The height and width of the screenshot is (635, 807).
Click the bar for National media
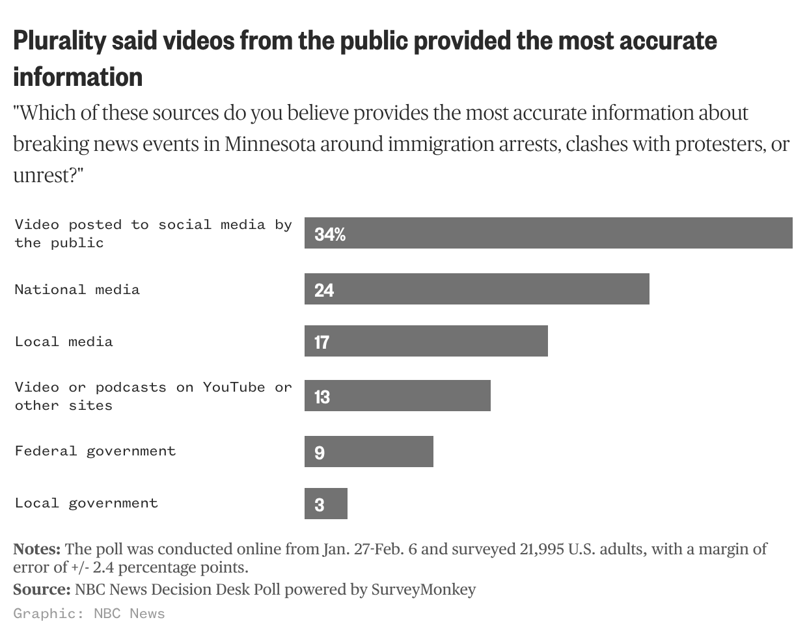[x=476, y=289]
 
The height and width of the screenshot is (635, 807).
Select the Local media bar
[x=426, y=341]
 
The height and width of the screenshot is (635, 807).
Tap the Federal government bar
[x=368, y=452]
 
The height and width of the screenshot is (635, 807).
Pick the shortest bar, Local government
[x=325, y=504]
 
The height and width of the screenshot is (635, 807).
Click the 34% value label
[x=329, y=234]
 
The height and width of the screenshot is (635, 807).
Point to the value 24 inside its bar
[x=323, y=290]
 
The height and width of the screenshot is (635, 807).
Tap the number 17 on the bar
[x=321, y=342]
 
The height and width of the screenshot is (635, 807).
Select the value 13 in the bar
[x=321, y=397]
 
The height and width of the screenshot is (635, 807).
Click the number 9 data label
[x=319, y=453]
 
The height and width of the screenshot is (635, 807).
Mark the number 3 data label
[x=319, y=505]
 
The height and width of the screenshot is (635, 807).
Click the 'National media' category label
[x=77, y=290]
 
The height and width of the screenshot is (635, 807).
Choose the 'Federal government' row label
[x=95, y=451]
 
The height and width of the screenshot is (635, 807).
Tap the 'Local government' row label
[x=86, y=503]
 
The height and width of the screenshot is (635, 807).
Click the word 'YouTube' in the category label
[x=234, y=387]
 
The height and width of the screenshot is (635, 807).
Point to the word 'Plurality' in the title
[x=59, y=41]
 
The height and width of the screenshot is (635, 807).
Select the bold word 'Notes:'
[x=36, y=549]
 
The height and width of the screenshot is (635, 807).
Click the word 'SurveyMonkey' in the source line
[x=423, y=589]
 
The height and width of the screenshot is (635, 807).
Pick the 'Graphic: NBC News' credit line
[x=89, y=614]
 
